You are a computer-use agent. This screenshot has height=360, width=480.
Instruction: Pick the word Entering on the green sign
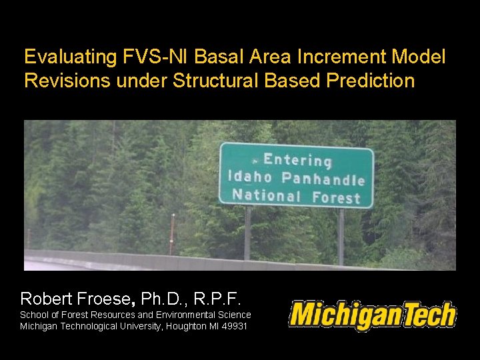297,160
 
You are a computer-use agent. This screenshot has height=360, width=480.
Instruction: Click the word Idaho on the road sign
250,177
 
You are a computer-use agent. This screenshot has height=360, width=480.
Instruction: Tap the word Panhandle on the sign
323,178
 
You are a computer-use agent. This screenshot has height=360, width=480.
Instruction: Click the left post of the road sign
249,230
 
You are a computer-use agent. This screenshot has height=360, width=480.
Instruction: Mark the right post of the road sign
341,233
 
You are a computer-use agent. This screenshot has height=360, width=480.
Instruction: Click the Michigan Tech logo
372,315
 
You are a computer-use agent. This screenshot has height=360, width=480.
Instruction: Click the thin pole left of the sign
173,233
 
